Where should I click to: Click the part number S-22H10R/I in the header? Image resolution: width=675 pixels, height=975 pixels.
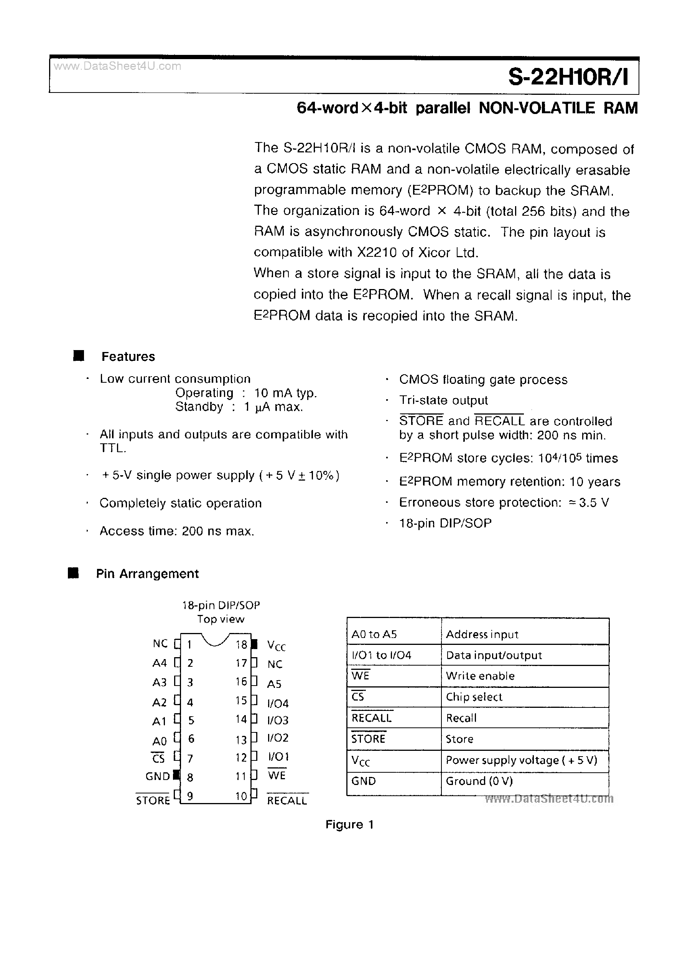tap(568, 77)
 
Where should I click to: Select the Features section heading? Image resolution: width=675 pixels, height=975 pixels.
tap(128, 357)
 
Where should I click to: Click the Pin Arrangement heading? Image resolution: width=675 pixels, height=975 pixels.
tap(147, 574)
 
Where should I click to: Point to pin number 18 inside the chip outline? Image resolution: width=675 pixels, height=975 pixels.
tap(241, 644)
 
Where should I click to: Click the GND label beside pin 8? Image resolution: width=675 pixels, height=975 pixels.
tap(157, 777)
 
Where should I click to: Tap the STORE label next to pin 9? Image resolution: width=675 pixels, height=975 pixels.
tap(153, 801)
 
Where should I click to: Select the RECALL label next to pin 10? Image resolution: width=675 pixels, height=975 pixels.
tap(287, 801)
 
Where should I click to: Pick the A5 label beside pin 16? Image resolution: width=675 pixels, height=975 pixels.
tap(274, 684)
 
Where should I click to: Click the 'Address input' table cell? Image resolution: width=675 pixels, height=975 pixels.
tap(482, 635)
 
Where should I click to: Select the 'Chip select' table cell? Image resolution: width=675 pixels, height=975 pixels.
tap(474, 697)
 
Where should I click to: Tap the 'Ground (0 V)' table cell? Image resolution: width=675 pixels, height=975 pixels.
tap(479, 781)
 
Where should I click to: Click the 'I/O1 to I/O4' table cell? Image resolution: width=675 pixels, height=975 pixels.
tap(381, 655)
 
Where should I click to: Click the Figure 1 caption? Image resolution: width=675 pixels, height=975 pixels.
tap(349, 825)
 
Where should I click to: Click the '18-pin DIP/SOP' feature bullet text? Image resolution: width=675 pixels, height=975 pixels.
tap(445, 524)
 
